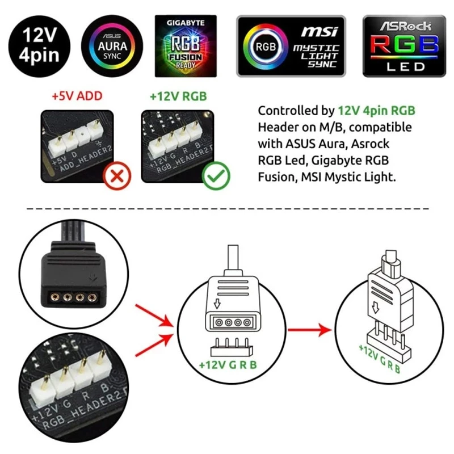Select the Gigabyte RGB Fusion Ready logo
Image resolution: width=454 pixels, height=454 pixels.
point(186,45)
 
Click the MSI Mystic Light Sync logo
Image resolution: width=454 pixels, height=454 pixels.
point(291,45)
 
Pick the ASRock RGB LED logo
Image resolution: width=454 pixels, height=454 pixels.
point(404,45)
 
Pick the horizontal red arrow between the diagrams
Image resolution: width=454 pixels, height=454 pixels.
point(309,329)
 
